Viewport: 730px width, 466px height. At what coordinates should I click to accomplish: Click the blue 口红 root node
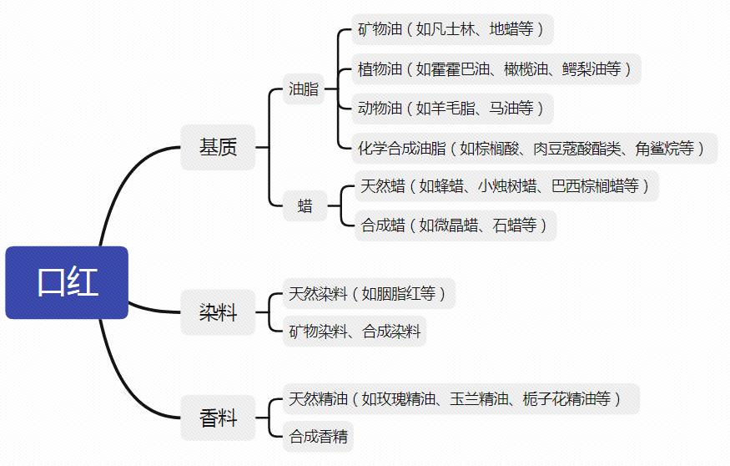tap(67, 282)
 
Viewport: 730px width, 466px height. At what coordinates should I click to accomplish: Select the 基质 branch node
tap(218, 147)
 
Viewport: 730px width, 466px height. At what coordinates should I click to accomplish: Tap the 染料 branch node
tap(218, 312)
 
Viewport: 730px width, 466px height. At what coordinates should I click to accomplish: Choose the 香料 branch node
tap(218, 418)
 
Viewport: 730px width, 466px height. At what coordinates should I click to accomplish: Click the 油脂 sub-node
tap(304, 89)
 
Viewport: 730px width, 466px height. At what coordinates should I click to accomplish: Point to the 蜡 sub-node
tap(305, 205)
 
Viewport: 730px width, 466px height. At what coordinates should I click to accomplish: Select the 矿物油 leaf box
tap(452, 29)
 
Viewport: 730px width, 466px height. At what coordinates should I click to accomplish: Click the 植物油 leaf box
tap(496, 69)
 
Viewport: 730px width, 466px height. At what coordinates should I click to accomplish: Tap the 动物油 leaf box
tap(452, 109)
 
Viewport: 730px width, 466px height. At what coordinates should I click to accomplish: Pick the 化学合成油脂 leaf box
tap(535, 148)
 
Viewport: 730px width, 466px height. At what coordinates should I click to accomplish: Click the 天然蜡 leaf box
tap(506, 186)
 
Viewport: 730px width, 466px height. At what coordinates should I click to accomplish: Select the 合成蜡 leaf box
tap(456, 225)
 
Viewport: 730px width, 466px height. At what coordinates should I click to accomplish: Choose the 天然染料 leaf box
tap(369, 294)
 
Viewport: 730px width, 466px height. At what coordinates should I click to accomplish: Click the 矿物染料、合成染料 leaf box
tap(355, 332)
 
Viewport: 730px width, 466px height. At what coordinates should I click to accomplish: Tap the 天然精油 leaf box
tap(461, 399)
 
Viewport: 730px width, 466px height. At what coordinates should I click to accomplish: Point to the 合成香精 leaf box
tap(318, 437)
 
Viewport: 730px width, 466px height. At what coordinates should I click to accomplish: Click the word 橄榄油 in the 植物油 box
tap(526, 69)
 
